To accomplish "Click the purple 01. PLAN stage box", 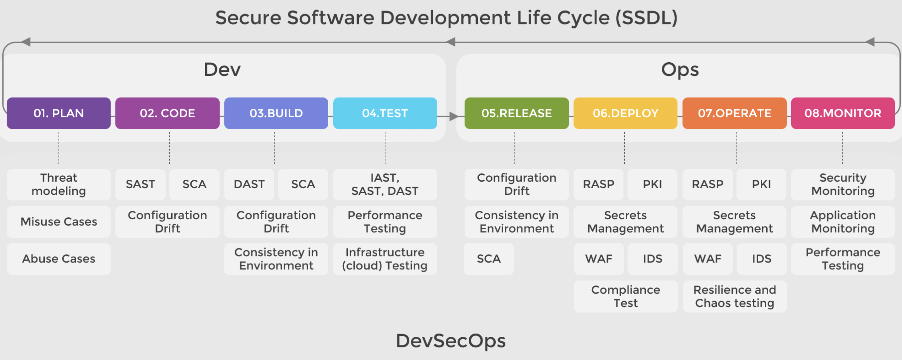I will pyautogui.click(x=59, y=113).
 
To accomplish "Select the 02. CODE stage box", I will pyautogui.click(x=167, y=113).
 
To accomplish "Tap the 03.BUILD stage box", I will pyautogui.click(x=276, y=113).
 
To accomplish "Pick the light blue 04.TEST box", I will pyautogui.click(x=385, y=113).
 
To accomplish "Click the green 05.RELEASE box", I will pyautogui.click(x=516, y=113).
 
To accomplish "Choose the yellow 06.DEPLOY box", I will pyautogui.click(x=625, y=113).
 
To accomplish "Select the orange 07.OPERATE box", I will pyautogui.click(x=734, y=113).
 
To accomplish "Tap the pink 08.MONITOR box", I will pyautogui.click(x=843, y=113).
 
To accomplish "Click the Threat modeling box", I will pyautogui.click(x=59, y=184).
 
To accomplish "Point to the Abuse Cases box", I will pyautogui.click(x=59, y=259).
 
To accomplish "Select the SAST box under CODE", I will pyautogui.click(x=140, y=184).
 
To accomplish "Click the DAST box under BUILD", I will pyautogui.click(x=249, y=184).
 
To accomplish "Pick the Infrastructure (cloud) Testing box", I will pyautogui.click(x=385, y=259).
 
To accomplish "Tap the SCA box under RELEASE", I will pyautogui.click(x=489, y=259).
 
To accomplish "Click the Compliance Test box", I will pyautogui.click(x=625, y=296).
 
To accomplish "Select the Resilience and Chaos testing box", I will pyautogui.click(x=734, y=296).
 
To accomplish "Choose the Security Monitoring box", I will pyautogui.click(x=843, y=184).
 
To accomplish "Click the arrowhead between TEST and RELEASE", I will pyautogui.click(x=454, y=116).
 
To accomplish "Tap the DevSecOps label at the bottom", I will pyautogui.click(x=451, y=341).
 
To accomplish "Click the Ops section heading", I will pyautogui.click(x=680, y=69).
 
